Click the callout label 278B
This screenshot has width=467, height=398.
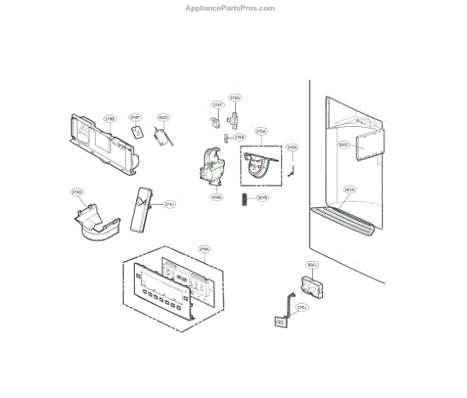pyautogui.click(x=110, y=119)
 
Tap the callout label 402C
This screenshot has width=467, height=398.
pyautogui.click(x=163, y=118)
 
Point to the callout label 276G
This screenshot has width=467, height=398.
pyautogui.click(x=234, y=98)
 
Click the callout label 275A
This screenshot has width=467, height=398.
pyautogui.click(x=261, y=132)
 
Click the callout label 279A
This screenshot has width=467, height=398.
pyautogui.click(x=205, y=249)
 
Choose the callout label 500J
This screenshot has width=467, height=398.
pyautogui.click(x=313, y=266)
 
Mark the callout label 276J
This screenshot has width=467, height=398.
pyautogui.click(x=302, y=308)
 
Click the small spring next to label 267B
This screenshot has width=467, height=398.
pyautogui.click(x=244, y=200)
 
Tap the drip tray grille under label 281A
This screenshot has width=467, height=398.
pyautogui.click(x=346, y=220)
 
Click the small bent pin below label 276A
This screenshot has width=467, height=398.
pyautogui.click(x=292, y=166)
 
